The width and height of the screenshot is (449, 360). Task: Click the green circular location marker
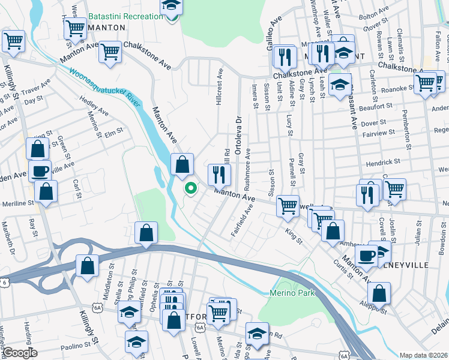point(191,188)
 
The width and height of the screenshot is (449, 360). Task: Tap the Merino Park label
point(291,293)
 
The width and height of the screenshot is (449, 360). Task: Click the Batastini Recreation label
point(125,16)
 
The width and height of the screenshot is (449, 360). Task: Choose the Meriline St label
point(17,203)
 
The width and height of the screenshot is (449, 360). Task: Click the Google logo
point(20,353)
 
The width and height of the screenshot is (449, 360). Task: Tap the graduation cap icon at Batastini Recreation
point(172,7)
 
